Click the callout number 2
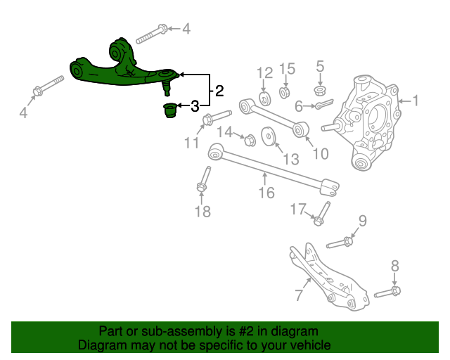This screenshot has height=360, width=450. tap(219, 91)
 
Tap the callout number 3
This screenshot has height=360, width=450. tap(195, 106)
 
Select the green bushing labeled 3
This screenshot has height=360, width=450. tap(169, 110)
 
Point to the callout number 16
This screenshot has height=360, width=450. tap(266, 193)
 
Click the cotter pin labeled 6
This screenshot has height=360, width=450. tap(324, 104)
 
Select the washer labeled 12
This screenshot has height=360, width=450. tap(265, 98)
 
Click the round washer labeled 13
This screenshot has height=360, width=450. tap(269, 136)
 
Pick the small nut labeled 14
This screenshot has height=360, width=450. tap(250, 141)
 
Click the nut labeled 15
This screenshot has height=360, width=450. tap(284, 92)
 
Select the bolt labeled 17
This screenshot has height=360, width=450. tap(323, 214)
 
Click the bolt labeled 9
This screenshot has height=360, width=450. tap(340, 243)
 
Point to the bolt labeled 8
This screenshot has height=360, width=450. tap(387, 292)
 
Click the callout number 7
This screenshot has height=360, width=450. tap(299, 295)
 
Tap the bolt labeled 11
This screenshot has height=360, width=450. tap(217, 117)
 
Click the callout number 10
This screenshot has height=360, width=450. tap(321, 154)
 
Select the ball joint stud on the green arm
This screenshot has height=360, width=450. tap(167, 88)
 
